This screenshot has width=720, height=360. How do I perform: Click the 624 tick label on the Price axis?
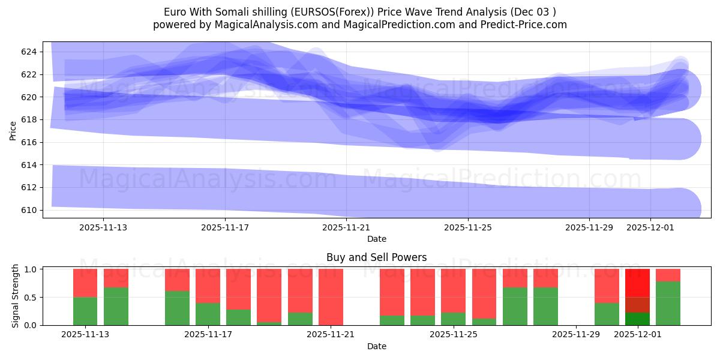[29, 52]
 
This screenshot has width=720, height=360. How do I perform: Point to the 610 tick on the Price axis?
[29, 210]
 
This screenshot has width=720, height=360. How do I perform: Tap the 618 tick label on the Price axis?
[29, 120]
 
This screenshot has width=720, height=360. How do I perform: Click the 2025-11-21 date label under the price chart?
[346, 227]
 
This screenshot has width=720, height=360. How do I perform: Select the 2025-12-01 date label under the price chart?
[650, 227]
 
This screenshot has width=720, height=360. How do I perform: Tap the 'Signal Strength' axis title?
[16, 296]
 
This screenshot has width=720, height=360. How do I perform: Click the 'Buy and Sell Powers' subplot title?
[376, 257]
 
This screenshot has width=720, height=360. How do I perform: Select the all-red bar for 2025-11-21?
[331, 297]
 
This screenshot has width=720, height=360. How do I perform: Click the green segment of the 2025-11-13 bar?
[85, 311]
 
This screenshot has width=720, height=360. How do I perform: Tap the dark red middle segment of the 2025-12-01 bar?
[637, 305]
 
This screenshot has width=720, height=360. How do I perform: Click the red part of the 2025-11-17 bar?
[208, 286]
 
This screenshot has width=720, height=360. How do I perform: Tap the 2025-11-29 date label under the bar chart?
[575, 334]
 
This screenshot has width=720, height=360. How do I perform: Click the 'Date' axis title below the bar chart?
[376, 346]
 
